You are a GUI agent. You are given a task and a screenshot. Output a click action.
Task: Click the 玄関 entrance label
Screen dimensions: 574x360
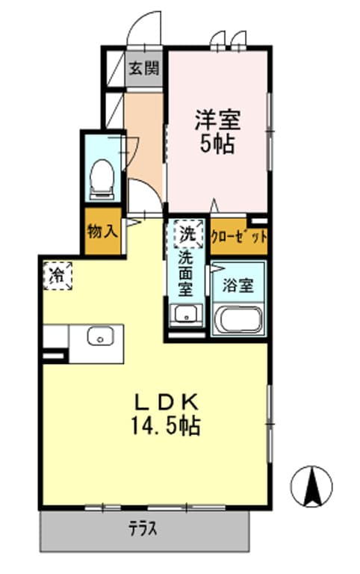[143, 70]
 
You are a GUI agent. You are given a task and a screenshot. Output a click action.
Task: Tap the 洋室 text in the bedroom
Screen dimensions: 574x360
[217, 119]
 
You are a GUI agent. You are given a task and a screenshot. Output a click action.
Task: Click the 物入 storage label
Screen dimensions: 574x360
[102, 231]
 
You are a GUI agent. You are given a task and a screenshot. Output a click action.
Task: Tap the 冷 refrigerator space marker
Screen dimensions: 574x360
[57, 275]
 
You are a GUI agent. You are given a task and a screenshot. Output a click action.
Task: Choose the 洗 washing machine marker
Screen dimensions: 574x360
[188, 233]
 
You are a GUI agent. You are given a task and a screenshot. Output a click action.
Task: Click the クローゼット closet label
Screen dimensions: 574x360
[238, 238]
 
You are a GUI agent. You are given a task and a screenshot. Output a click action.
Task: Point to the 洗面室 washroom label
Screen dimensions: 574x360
[187, 274]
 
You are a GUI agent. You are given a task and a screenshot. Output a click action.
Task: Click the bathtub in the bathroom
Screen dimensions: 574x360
[238, 321]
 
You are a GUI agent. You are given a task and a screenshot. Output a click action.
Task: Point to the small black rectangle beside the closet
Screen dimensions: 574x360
[258, 220]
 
